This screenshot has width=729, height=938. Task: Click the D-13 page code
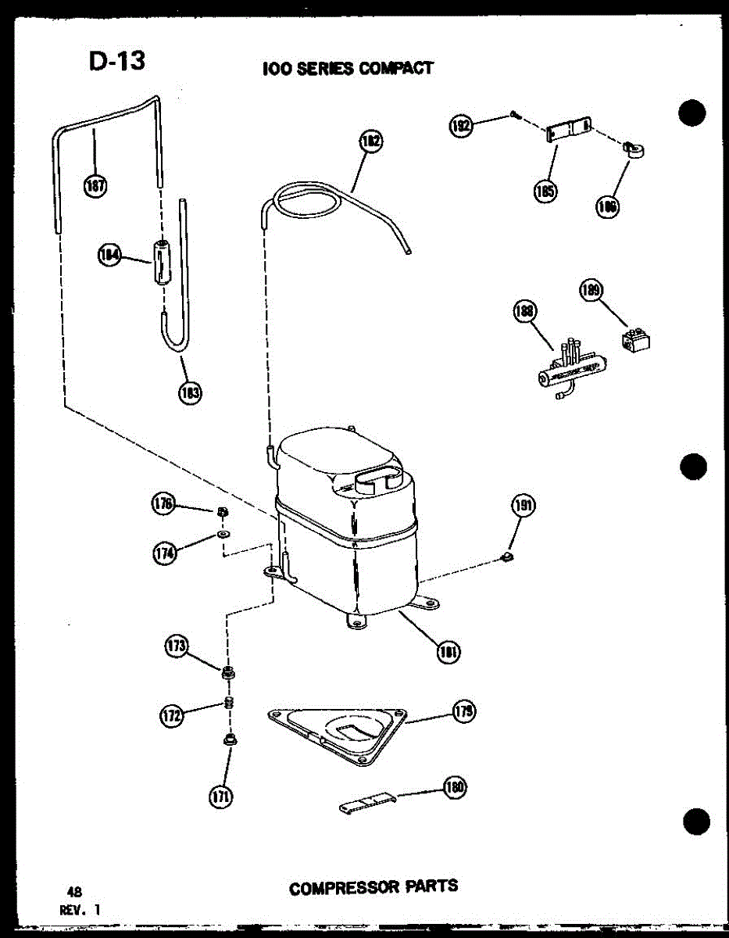click(x=116, y=62)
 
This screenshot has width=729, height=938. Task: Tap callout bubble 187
click(x=96, y=186)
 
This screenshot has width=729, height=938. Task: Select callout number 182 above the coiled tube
click(x=371, y=142)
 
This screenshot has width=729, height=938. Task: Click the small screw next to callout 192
click(x=513, y=116)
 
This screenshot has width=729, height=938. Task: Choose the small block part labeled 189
click(x=637, y=338)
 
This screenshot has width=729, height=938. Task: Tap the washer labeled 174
click(x=223, y=534)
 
